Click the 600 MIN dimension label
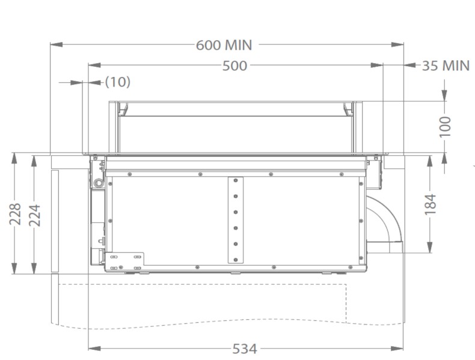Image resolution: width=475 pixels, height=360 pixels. pos(224,45)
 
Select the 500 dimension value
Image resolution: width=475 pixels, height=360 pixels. pos(234,66)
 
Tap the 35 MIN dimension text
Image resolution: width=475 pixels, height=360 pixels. pos(445,66)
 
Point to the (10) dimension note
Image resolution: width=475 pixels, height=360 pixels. pos(117,82)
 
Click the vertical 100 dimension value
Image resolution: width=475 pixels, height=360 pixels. pos(445,127)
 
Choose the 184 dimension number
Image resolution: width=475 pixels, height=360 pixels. pos(431,205)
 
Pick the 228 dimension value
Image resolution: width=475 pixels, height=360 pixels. pos(15,214)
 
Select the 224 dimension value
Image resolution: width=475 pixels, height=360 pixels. pos(34,214)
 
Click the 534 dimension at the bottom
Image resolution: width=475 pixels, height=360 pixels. pos(245,349)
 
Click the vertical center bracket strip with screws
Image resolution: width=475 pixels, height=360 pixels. pos(235,221)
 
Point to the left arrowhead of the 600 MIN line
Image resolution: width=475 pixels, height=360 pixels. pos(54,44)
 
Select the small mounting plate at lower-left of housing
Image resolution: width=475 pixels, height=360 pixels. pos(125,260)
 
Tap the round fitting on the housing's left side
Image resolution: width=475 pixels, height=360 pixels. pos(97,182)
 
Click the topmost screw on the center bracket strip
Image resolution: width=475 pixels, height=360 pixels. pos(235,182)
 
